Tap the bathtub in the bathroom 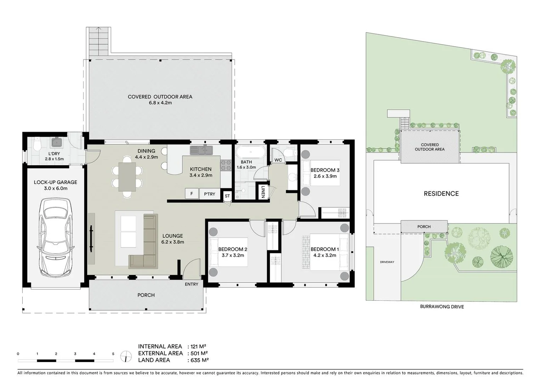(x=250, y=152)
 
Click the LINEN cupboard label (x=263, y=192)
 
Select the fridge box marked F (x=192, y=194)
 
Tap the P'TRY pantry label (x=209, y=194)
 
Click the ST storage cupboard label (x=227, y=196)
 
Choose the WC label (x=278, y=160)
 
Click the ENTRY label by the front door (x=192, y=284)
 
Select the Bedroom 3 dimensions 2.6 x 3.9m (x=325, y=176)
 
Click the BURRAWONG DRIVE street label (x=442, y=306)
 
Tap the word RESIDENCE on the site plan (x=441, y=194)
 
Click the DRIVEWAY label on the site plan (x=387, y=262)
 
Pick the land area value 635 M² (x=200, y=360)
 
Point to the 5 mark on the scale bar (x=113, y=354)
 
